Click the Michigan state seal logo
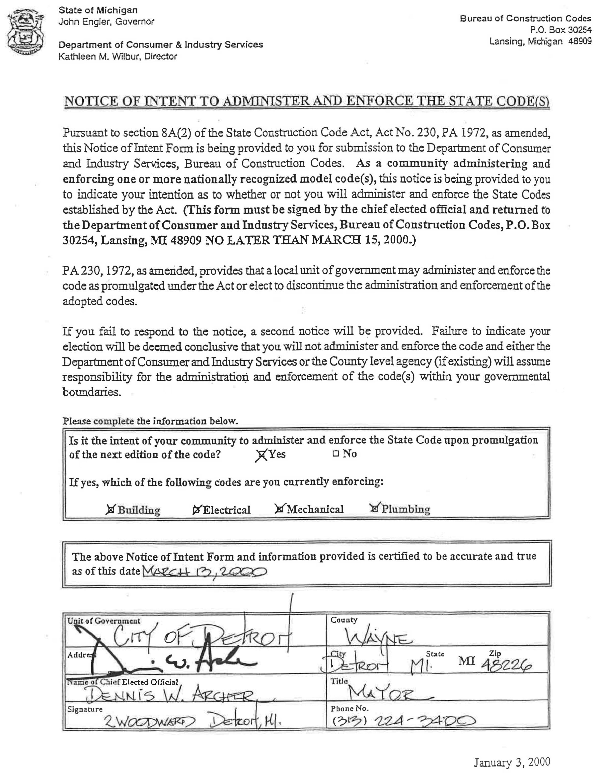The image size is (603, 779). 25,32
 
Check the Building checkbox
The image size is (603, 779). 111,510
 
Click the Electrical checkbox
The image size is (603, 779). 196,510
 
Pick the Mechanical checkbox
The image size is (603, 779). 279,509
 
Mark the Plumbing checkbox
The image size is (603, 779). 374,508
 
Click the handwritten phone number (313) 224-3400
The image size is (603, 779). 403,721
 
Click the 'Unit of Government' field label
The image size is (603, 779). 104,621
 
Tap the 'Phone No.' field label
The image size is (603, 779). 349,708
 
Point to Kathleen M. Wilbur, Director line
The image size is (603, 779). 118,56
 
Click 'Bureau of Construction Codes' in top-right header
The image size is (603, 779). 525,19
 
